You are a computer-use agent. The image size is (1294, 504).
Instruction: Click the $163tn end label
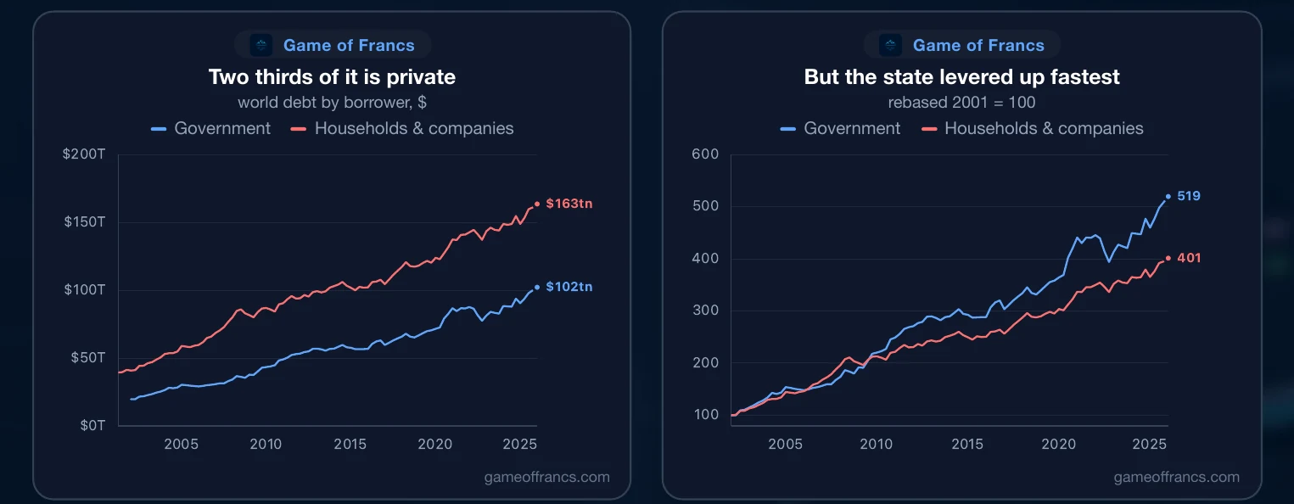(569, 204)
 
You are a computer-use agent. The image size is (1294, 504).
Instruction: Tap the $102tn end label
(569, 287)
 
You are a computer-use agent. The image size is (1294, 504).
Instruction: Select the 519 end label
(1188, 196)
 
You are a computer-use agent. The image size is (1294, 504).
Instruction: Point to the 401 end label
(1189, 258)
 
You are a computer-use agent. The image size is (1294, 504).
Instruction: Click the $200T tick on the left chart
(84, 154)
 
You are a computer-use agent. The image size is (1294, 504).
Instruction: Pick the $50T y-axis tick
(87, 357)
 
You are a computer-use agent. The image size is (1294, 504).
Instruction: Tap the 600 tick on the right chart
(705, 154)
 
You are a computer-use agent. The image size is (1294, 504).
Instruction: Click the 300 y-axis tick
(705, 310)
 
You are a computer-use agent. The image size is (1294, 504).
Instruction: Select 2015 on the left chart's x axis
(350, 444)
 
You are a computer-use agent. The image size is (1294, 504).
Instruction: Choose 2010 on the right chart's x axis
(876, 444)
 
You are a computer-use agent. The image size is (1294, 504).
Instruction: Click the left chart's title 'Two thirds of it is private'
(332, 77)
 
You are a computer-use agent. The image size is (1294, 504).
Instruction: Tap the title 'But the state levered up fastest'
(962, 77)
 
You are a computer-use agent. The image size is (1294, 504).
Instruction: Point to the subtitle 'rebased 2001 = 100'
(962, 103)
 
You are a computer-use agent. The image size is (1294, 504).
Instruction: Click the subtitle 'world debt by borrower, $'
(332, 103)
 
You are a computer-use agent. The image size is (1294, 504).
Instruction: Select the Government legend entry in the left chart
(210, 128)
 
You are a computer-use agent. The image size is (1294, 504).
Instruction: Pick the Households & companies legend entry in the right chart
(1033, 128)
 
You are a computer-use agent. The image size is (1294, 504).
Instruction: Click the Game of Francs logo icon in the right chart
(890, 45)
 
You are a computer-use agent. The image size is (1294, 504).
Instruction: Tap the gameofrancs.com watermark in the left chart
(547, 477)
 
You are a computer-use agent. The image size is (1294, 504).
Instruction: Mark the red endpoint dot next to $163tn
(537, 204)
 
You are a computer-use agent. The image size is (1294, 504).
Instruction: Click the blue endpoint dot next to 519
(1168, 197)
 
